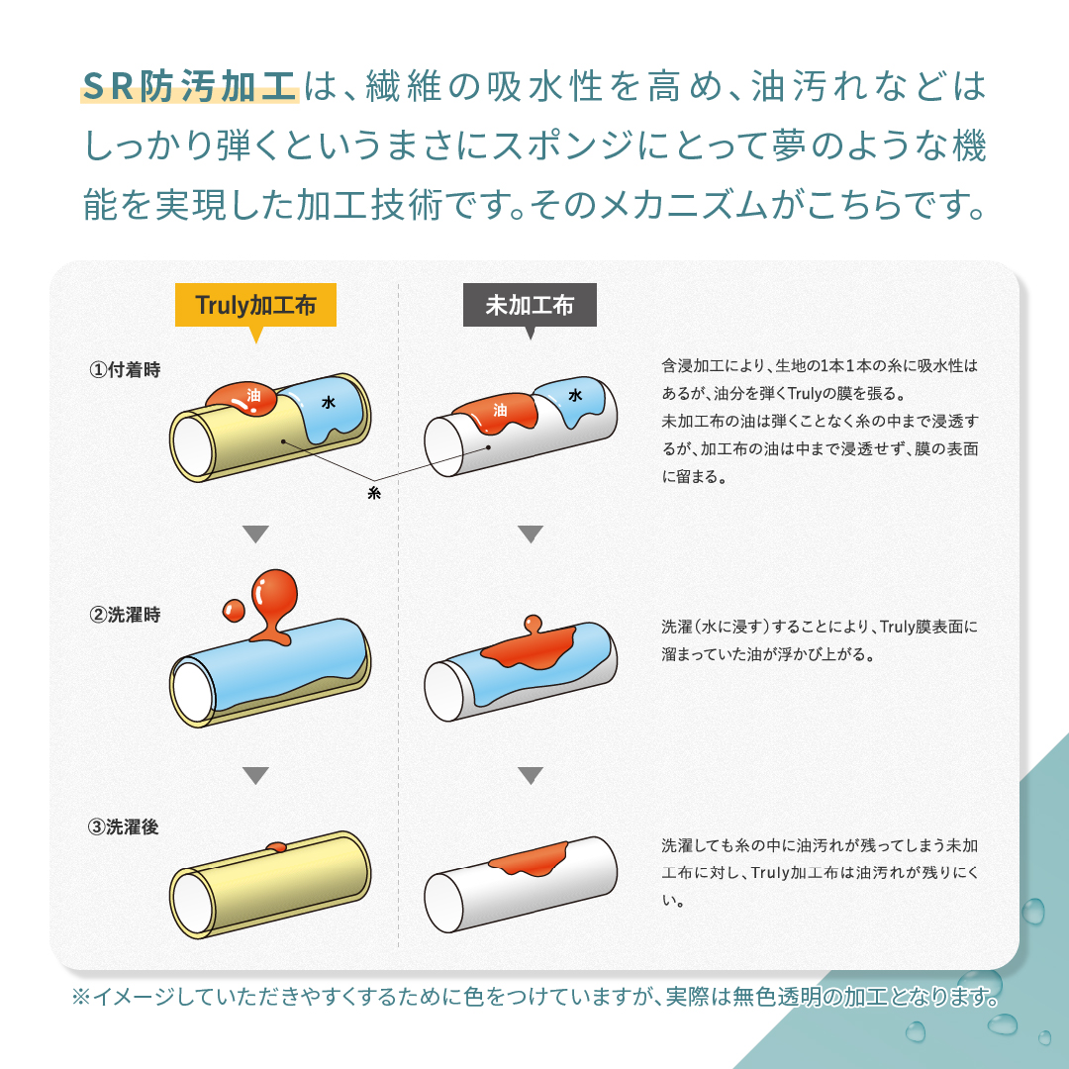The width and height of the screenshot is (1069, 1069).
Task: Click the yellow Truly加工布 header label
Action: click(255, 305)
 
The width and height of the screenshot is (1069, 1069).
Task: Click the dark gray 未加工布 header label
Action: click(530, 305)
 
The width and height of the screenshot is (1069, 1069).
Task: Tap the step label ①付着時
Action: click(125, 370)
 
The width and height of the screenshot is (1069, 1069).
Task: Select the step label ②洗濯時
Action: click(125, 615)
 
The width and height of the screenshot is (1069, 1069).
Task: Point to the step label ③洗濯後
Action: click(125, 827)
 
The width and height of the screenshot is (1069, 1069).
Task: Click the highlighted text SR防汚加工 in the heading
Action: click(189, 86)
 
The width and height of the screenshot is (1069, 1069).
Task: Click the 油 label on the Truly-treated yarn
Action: click(253, 395)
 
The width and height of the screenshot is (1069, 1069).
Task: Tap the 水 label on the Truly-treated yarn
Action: click(328, 403)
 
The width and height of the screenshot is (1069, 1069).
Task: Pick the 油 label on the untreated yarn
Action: click(500, 409)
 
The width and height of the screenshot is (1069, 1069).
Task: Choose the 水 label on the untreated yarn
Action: click(575, 395)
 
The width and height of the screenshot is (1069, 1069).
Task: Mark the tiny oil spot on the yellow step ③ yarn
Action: click(276, 846)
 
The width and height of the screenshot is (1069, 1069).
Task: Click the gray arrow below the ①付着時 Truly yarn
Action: click(256, 534)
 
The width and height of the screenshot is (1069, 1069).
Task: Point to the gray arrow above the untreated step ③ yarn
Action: click(531, 775)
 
